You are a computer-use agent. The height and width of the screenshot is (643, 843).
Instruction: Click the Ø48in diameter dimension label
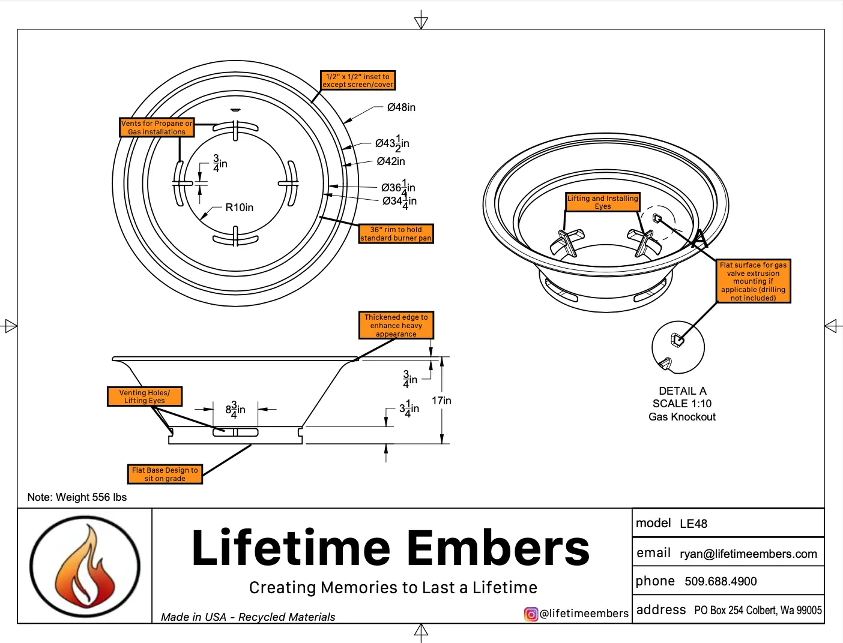pyautogui.click(x=401, y=107)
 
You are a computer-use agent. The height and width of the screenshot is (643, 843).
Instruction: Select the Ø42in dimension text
pyautogui.click(x=391, y=161)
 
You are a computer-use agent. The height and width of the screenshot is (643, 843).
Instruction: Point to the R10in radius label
pyautogui.click(x=239, y=208)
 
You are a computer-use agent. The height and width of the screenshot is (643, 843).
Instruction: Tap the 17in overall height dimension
pyautogui.click(x=441, y=401)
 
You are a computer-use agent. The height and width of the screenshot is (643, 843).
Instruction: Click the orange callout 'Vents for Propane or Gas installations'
pyautogui.click(x=157, y=127)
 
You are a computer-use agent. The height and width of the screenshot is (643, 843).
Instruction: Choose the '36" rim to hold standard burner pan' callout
pyautogui.click(x=396, y=234)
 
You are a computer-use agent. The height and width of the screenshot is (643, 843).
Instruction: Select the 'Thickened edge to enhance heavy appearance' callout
pyautogui.click(x=396, y=325)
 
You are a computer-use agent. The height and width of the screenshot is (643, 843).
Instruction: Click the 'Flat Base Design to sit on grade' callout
pyautogui.click(x=165, y=474)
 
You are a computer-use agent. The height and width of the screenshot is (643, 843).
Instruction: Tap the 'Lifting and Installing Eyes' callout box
pyautogui.click(x=603, y=202)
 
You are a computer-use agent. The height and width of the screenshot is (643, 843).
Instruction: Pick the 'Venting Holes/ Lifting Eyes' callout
pyautogui.click(x=145, y=396)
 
